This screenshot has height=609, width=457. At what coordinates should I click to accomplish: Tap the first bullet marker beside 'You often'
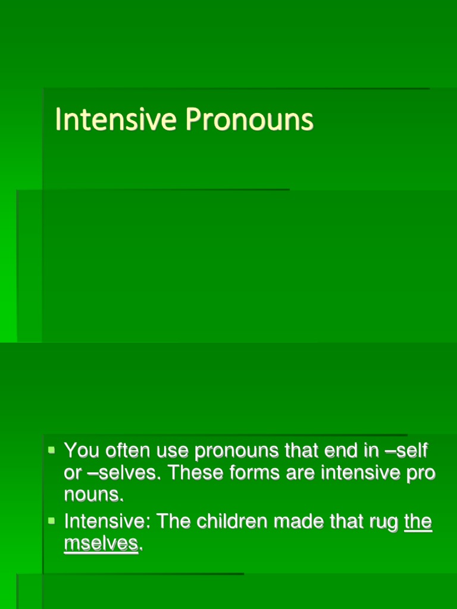click(x=51, y=450)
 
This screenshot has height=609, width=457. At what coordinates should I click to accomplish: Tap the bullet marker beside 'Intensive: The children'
click(x=51, y=521)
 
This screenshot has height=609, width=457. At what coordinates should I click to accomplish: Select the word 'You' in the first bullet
click(x=82, y=451)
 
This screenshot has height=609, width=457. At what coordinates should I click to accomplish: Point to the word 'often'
click(x=126, y=451)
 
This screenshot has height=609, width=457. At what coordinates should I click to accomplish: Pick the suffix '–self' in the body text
click(x=406, y=451)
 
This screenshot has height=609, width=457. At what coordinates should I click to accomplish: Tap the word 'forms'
click(x=259, y=473)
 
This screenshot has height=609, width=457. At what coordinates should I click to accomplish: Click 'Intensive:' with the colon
click(x=105, y=522)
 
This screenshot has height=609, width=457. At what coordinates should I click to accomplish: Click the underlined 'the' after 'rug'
click(x=418, y=522)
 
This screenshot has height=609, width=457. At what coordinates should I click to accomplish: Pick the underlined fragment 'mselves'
click(x=101, y=543)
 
